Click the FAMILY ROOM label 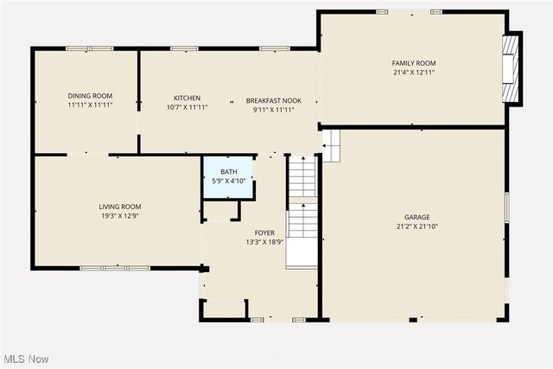tap(414, 63)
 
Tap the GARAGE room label tap(417, 217)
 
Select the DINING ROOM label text tap(90, 96)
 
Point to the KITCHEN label tap(188, 99)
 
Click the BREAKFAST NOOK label tap(273, 100)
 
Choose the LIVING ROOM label tap(119, 207)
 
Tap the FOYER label tap(264, 233)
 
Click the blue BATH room tap(228, 176)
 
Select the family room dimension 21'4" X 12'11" tap(414, 73)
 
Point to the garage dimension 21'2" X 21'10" tap(417, 227)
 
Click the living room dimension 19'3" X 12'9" tap(119, 217)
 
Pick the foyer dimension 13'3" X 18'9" tap(264, 244)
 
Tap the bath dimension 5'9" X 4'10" tap(228, 181)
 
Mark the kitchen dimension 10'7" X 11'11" tap(188, 109)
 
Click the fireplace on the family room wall tap(512, 67)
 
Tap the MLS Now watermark tap(25, 359)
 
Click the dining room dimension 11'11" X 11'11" tap(90, 105)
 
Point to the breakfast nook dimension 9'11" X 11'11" tap(273, 110)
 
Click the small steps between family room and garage tap(332, 144)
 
